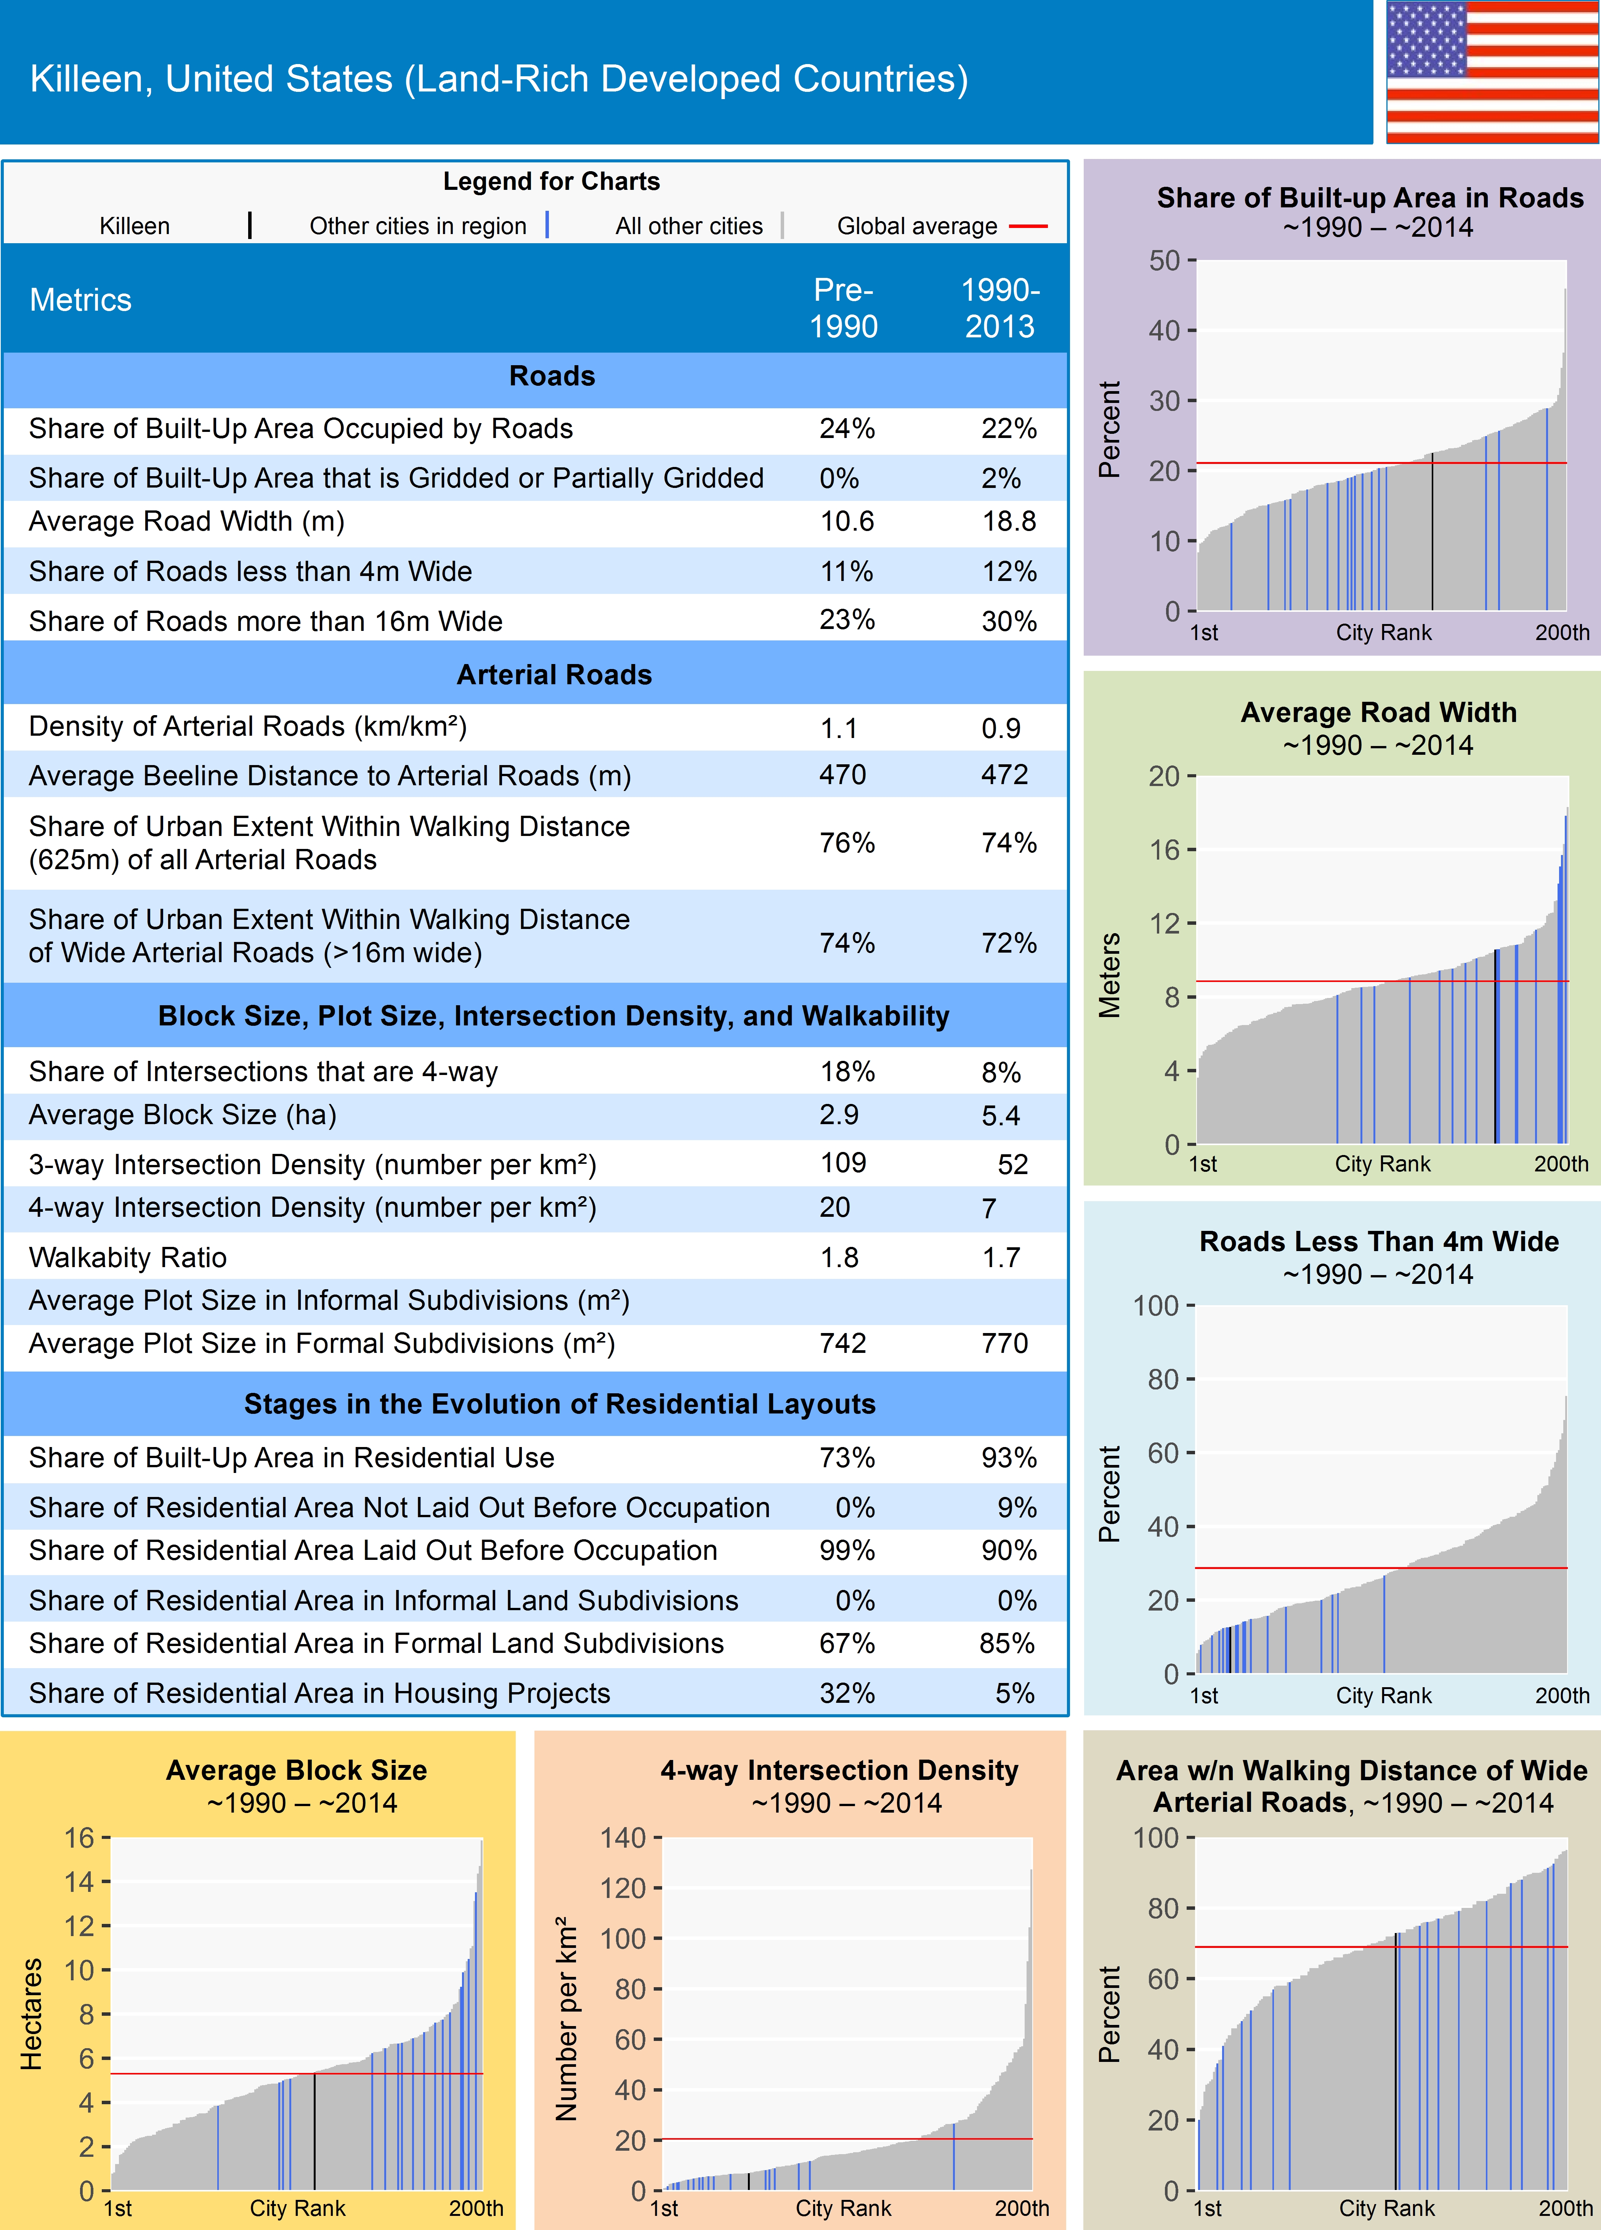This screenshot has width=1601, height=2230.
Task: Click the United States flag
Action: pos(1492,72)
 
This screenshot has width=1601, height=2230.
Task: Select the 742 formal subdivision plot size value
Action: pos(843,1343)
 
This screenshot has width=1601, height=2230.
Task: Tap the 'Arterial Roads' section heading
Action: pos(553,674)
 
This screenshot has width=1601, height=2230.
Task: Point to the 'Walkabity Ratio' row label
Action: pos(128,1258)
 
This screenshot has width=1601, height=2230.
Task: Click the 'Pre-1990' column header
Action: pos(843,308)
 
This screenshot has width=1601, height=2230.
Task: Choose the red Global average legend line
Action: pos(1028,226)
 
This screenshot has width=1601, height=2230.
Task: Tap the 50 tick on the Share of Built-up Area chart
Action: pos(1165,261)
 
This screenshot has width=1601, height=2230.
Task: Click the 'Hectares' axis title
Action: pos(32,2014)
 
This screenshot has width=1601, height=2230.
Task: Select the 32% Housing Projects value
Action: pos(847,1693)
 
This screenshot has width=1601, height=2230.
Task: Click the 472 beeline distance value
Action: pos(1004,775)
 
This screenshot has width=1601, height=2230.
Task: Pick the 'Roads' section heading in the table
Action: pos(552,377)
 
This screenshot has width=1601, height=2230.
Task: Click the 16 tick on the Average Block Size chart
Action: pos(80,1838)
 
